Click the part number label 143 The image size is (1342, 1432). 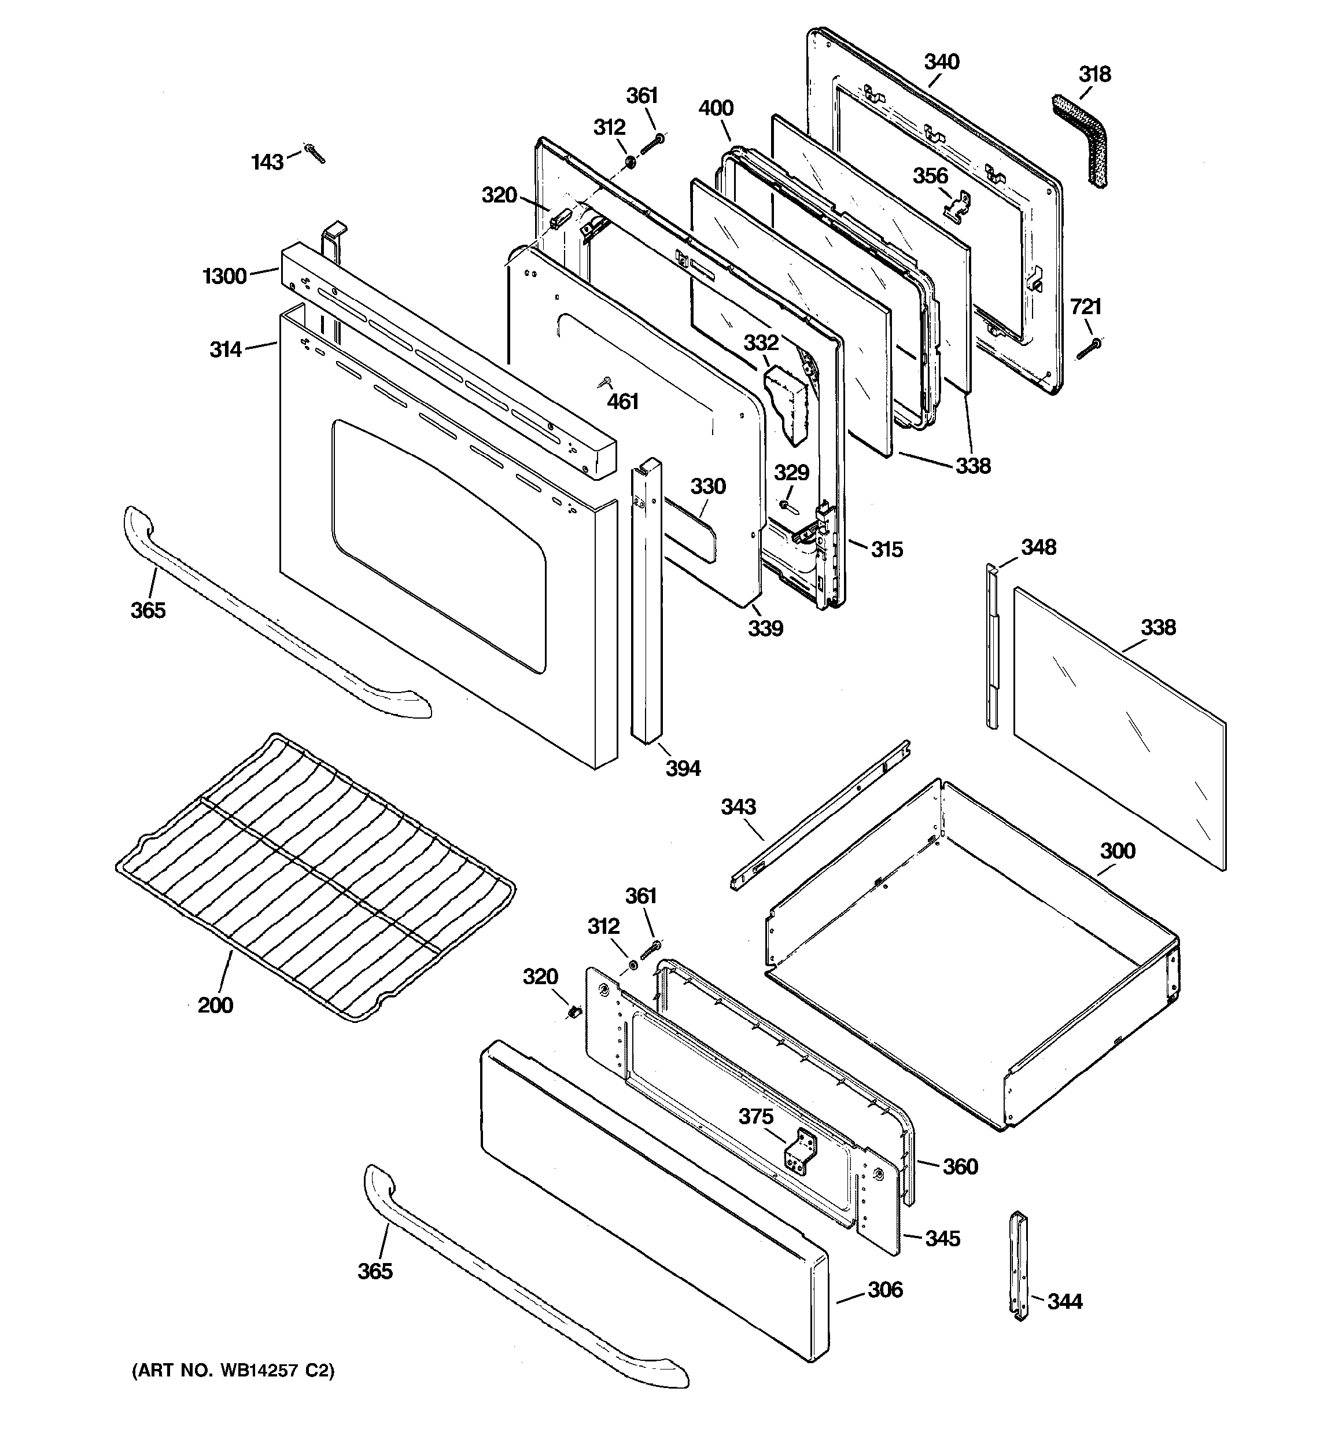(267, 162)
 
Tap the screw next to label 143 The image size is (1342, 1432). (315, 153)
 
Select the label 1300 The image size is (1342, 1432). (225, 276)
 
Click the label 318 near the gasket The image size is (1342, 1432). (1095, 74)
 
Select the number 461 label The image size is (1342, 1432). (622, 401)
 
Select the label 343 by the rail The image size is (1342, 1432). (738, 807)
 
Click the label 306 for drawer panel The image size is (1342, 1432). (885, 1289)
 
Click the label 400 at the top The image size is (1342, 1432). (716, 109)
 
